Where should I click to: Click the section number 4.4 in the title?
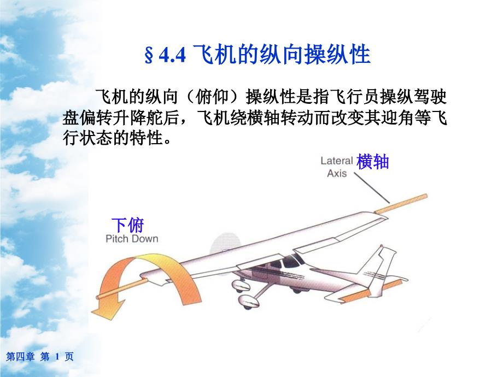(x=172, y=56)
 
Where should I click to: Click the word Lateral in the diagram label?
(x=336, y=161)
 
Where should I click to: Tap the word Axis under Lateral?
(x=337, y=173)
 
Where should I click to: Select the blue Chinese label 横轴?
(x=373, y=161)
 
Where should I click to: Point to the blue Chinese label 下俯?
(x=128, y=225)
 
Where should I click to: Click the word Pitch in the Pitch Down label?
(x=117, y=239)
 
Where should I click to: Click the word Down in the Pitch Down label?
(x=145, y=239)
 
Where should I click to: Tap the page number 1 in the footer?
(x=57, y=356)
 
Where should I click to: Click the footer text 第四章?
(x=21, y=356)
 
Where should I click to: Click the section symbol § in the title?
(x=149, y=56)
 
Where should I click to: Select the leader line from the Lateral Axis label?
(x=372, y=188)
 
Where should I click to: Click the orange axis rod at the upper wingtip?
(x=401, y=204)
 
